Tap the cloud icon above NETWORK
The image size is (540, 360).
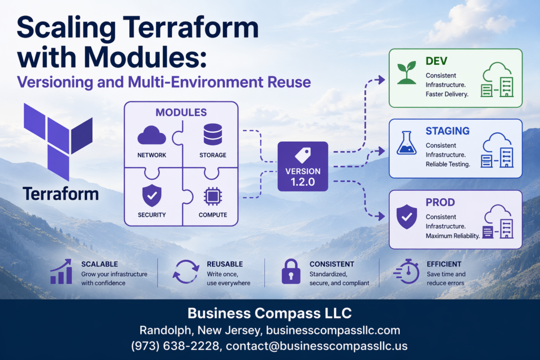coord(152,135)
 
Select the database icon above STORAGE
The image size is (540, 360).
coord(213,134)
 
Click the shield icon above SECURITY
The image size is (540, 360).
coord(152,196)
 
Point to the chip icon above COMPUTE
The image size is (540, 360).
coord(213,197)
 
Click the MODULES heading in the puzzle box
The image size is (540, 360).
coord(181,112)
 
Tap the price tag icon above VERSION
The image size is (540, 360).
coord(303,154)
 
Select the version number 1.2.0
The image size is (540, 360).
coord(303,182)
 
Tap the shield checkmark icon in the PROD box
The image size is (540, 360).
coord(406,217)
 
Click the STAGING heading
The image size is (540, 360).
coord(447,131)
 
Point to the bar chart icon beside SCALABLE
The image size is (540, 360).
coord(61,271)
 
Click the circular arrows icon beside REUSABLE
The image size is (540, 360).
coord(186,272)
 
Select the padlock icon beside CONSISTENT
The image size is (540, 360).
coord(291,272)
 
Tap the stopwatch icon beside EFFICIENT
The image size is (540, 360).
coord(407,271)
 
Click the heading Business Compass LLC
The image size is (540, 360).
coord(269,313)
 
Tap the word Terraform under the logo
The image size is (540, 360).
coord(61,193)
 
